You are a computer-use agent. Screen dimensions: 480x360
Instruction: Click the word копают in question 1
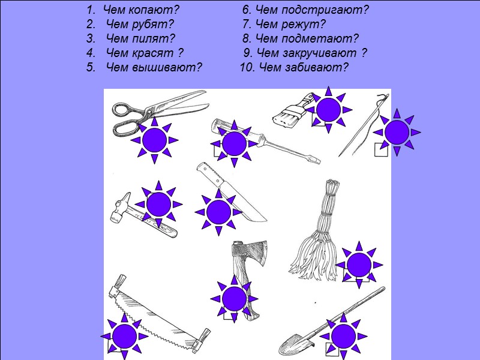[x=154, y=10]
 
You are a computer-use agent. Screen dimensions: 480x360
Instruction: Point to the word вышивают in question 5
[x=167, y=67]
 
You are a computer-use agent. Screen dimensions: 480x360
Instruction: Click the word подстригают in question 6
[x=325, y=10]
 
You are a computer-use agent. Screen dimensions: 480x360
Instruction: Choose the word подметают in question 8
[x=320, y=38]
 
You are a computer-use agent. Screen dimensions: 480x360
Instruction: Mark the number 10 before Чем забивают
[x=247, y=67]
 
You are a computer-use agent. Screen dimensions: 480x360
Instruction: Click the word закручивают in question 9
[x=320, y=53]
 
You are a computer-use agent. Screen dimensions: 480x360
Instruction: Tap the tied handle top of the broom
[x=332, y=191]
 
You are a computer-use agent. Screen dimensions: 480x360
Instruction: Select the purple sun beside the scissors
[x=155, y=140]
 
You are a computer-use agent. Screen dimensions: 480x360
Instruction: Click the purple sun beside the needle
[x=397, y=132]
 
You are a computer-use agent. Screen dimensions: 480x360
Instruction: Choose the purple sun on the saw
[x=124, y=337]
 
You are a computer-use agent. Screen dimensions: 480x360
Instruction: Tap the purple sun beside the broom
[x=359, y=265]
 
